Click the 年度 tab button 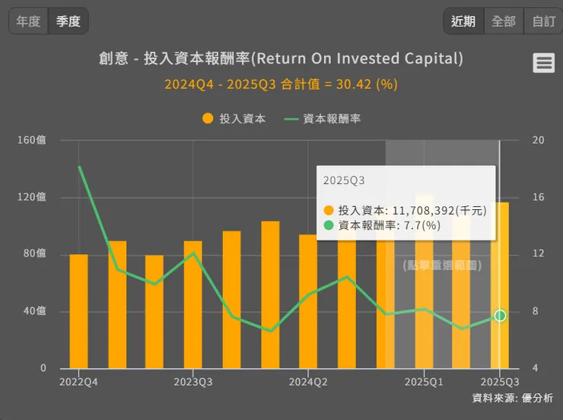pos(28,21)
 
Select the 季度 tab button pos(68,21)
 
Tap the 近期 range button pos(463,21)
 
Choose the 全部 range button pos(504,21)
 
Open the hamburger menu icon pos(544,63)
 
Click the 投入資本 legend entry pos(234,119)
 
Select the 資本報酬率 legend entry pos(323,119)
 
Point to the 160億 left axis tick pos(32,140)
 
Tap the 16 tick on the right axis pos(539,197)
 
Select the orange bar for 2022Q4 pos(78,311)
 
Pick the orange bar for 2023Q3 pos(193,304)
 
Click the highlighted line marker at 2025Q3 pos(500,316)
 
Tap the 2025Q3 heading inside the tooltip pos(344,181)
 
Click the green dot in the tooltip pos(329,225)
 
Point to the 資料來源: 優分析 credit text pos(513,398)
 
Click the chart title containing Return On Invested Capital pos(281,59)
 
